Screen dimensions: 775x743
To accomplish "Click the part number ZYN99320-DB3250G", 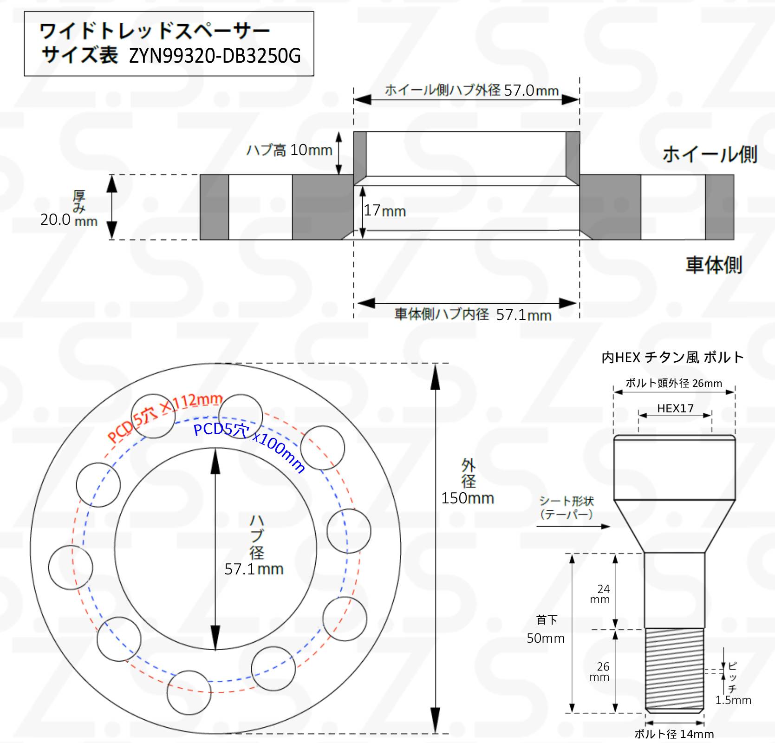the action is click(215, 56).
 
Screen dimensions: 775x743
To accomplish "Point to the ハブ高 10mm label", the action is click(289, 150).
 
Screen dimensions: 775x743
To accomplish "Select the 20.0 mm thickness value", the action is click(69, 220).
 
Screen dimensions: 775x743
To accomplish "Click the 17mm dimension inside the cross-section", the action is click(384, 210).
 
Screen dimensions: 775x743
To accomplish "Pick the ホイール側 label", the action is click(710, 154).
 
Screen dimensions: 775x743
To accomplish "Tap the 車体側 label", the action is click(714, 265).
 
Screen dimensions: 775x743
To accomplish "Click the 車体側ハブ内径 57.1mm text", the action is click(473, 314).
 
